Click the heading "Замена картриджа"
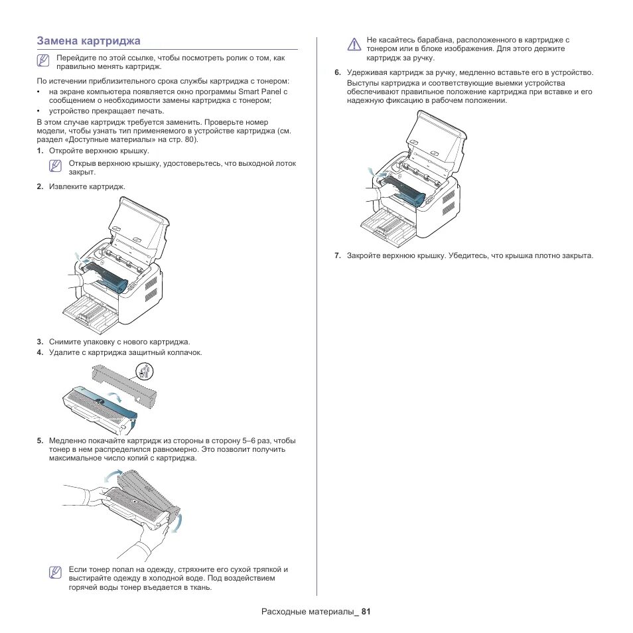[x=88, y=40]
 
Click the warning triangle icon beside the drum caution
[x=354, y=45]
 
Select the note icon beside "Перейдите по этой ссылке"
[x=44, y=60]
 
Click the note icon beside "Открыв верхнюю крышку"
[x=56, y=165]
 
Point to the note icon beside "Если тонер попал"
[x=56, y=572]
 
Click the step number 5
[x=40, y=441]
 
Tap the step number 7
[x=337, y=255]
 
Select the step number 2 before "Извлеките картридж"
[x=40, y=186]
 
